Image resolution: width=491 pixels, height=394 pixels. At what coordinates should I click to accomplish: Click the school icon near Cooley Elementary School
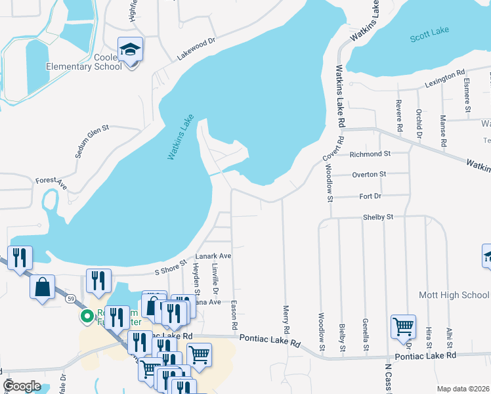[x=130, y=49]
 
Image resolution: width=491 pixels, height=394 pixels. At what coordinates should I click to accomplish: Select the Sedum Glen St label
[x=91, y=142]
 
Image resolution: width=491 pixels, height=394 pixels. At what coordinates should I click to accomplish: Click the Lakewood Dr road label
[x=196, y=49]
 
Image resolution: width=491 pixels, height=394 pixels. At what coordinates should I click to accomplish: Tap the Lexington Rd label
[x=444, y=79]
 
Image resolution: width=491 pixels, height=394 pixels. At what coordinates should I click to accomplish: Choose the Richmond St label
[x=370, y=154]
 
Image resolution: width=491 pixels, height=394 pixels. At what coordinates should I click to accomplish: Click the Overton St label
[x=370, y=175]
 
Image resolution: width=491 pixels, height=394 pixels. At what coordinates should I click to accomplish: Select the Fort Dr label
[x=370, y=196]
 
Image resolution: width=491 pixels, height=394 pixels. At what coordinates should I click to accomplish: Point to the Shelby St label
[x=378, y=217]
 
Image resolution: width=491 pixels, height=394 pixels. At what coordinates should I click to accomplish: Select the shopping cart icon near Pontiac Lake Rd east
[x=402, y=326]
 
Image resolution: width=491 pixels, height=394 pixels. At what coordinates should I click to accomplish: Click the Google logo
[x=22, y=386]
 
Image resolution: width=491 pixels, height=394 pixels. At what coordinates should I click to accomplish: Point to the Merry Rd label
[x=286, y=318]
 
